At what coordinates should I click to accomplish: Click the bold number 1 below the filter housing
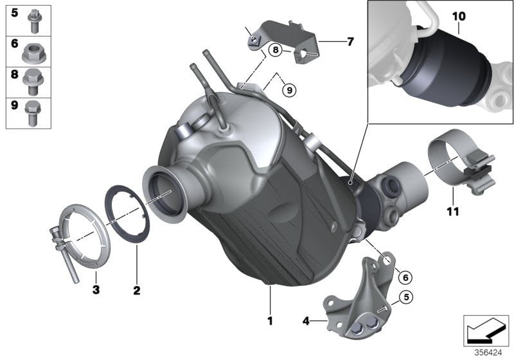tap(270, 319)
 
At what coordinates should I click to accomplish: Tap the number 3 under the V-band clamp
tap(95, 291)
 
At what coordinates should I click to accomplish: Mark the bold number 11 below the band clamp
tap(453, 211)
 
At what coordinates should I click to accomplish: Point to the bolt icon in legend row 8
tap(32, 82)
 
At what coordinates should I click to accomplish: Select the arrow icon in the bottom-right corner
tap(486, 329)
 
